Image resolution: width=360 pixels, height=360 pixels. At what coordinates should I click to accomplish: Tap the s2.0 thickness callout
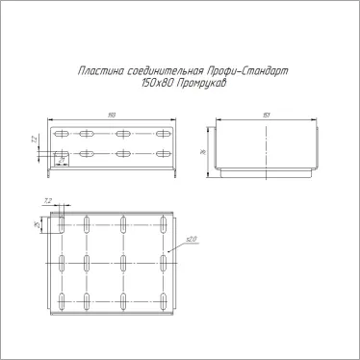(191, 239)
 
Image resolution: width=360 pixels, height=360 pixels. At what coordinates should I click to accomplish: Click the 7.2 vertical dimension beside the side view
(35, 141)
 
